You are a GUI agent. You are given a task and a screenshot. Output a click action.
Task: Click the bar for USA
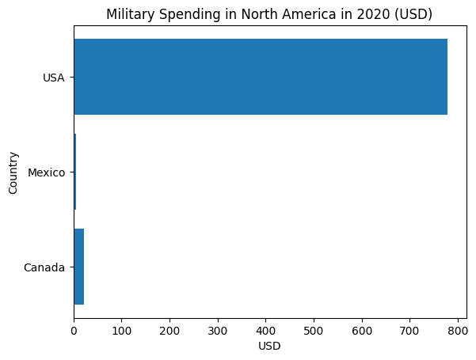[261, 77]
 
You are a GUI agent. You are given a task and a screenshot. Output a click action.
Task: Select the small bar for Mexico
[75, 172]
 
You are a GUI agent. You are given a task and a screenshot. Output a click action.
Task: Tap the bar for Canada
[79, 267]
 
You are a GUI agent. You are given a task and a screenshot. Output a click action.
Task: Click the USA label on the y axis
[54, 78]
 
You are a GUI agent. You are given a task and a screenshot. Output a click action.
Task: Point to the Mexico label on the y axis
[46, 172]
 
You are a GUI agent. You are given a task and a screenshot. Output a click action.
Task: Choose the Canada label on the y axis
[44, 267]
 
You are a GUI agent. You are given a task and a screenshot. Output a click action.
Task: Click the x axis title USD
[270, 346]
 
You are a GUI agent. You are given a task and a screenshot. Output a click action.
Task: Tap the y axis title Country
[13, 172]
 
